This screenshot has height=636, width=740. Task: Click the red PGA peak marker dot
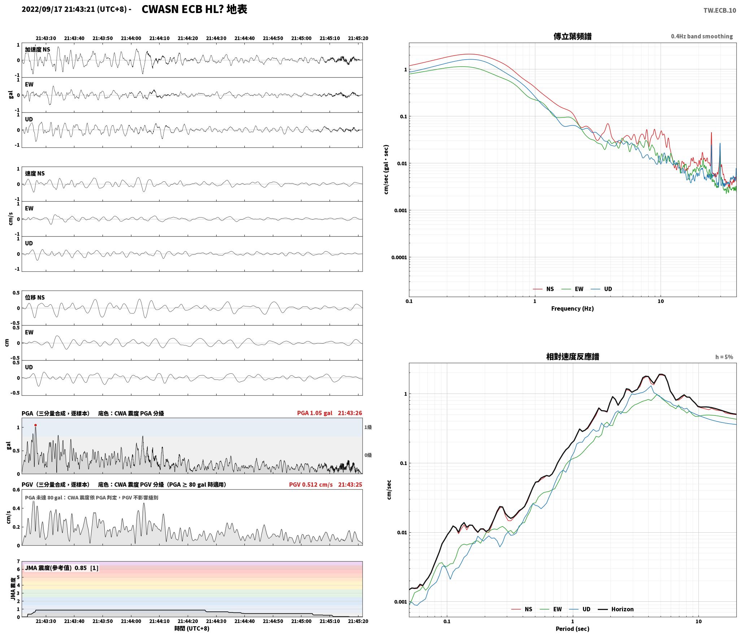tap(35, 425)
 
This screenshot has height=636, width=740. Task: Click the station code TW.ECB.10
tap(719, 10)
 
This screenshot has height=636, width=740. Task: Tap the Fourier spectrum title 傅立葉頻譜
tap(572, 36)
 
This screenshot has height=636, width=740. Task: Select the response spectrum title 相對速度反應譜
tap(573, 357)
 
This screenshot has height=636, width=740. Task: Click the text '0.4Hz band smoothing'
tap(702, 36)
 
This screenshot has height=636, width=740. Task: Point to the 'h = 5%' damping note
tap(724, 357)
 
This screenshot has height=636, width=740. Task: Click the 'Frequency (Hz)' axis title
tap(572, 308)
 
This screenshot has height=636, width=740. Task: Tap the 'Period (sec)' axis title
tap(572, 628)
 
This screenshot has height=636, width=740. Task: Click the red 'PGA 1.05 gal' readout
tap(315, 413)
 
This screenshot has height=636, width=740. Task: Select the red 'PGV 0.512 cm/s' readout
tap(311, 485)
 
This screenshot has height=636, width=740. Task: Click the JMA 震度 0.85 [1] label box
tap(61, 568)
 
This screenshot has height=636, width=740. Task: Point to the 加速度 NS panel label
tap(38, 50)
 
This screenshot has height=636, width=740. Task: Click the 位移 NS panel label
tap(35, 297)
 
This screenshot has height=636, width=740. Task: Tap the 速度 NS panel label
tap(35, 173)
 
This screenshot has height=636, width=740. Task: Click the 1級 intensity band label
tap(368, 427)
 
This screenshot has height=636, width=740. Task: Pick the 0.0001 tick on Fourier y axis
tap(399, 257)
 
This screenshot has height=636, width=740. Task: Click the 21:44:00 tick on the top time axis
tap(131, 38)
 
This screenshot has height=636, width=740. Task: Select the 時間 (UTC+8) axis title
tap(192, 628)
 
